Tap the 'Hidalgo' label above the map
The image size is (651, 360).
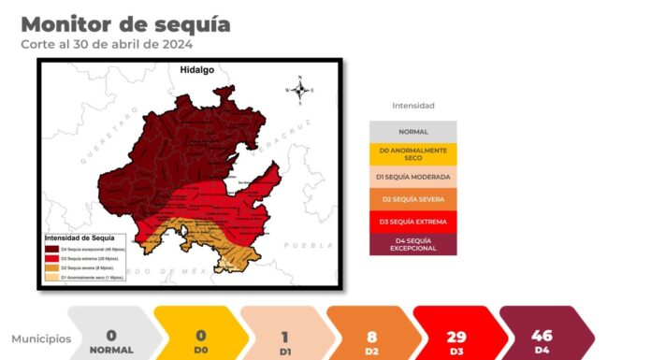(x=198, y=70)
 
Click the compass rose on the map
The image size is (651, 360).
(x=300, y=91)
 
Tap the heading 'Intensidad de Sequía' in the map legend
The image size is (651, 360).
(x=85, y=238)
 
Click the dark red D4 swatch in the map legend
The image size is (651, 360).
(x=51, y=250)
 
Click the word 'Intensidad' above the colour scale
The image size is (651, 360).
(x=412, y=106)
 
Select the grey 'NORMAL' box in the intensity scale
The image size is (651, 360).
(x=412, y=132)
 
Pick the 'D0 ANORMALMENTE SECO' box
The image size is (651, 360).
(x=412, y=153)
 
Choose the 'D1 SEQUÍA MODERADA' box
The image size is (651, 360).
(x=412, y=177)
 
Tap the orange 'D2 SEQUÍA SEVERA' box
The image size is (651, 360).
(x=412, y=199)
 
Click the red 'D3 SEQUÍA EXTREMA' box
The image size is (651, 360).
(x=412, y=222)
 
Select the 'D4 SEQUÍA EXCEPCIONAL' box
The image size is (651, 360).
(x=412, y=244)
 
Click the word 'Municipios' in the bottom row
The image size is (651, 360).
(x=41, y=338)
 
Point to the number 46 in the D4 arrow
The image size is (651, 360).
(x=542, y=334)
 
